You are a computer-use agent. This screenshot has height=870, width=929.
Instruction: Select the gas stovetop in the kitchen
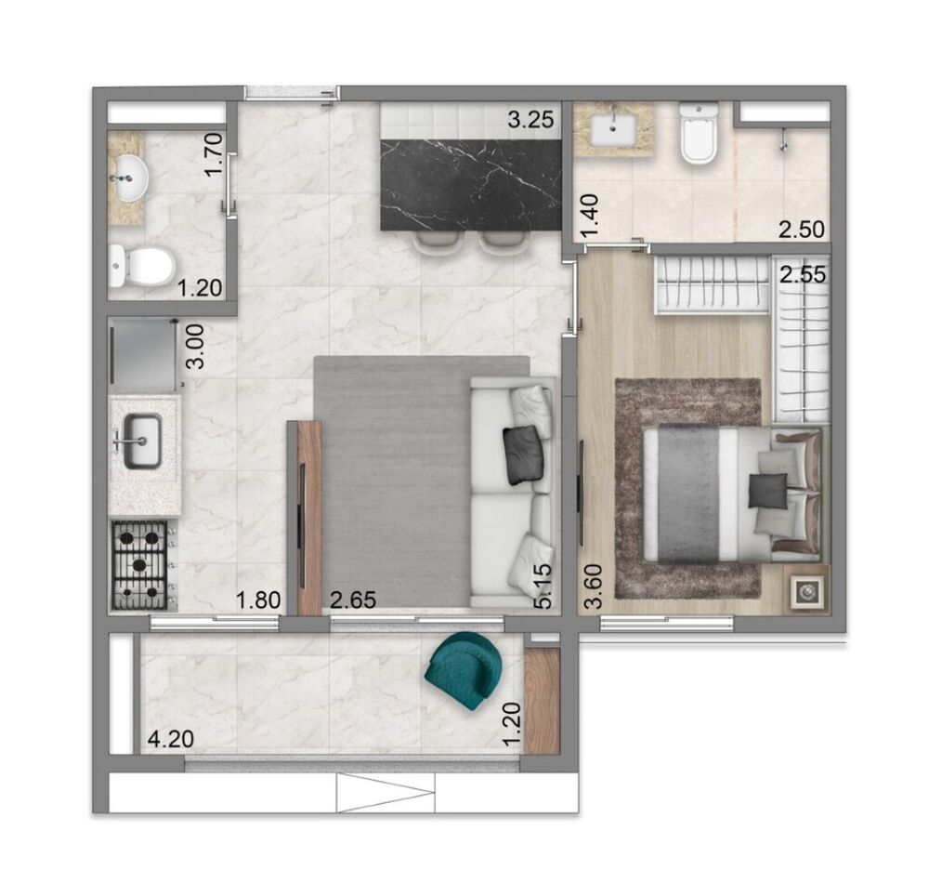click(x=140, y=564)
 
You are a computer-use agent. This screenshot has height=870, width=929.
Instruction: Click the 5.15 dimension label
click(x=543, y=584)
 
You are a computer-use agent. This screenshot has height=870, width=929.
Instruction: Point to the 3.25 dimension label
click(x=530, y=119)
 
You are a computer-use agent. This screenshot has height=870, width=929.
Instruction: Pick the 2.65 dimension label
click(x=353, y=600)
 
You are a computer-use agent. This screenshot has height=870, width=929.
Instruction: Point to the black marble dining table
click(x=471, y=183)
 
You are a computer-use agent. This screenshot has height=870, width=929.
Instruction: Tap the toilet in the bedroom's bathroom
click(x=698, y=135)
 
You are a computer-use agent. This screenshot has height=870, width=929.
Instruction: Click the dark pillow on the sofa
click(x=521, y=455)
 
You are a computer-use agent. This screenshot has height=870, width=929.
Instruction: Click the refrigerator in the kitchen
click(x=144, y=355)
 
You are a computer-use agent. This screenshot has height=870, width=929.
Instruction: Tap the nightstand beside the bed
click(x=804, y=588)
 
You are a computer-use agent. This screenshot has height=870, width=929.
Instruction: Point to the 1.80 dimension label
click(x=258, y=600)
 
